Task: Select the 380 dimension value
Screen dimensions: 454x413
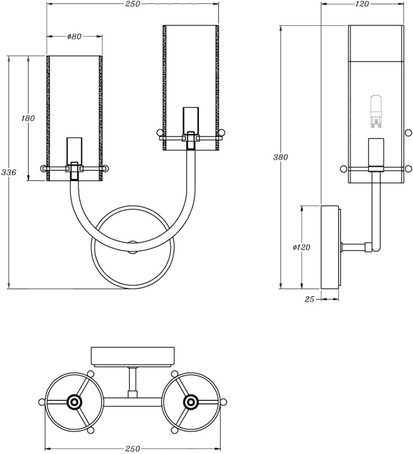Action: coord(281,157)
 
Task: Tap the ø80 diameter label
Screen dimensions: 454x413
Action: coord(74,36)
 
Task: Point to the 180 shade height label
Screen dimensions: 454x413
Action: coord(27,119)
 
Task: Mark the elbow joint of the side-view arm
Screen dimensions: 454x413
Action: coord(370,246)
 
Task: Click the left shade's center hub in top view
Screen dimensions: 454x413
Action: coord(73,402)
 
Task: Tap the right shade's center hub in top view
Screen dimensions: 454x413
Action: coord(190,402)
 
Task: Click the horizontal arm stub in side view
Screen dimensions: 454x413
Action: coord(353,246)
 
